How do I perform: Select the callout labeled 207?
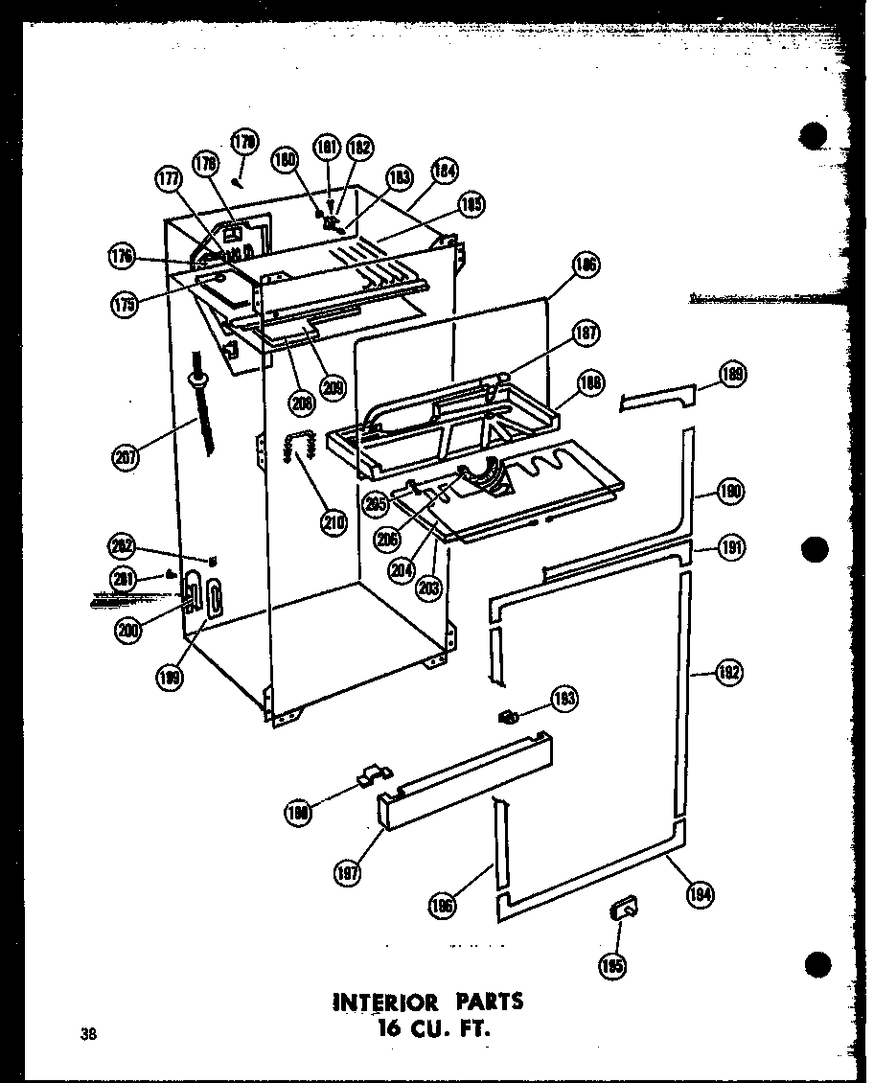tap(126, 457)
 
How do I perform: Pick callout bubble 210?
tap(334, 523)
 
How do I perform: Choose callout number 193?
tap(563, 700)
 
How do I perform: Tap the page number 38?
tap(89, 1033)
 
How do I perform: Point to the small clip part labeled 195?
tap(623, 907)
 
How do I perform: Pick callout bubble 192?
tap(730, 673)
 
